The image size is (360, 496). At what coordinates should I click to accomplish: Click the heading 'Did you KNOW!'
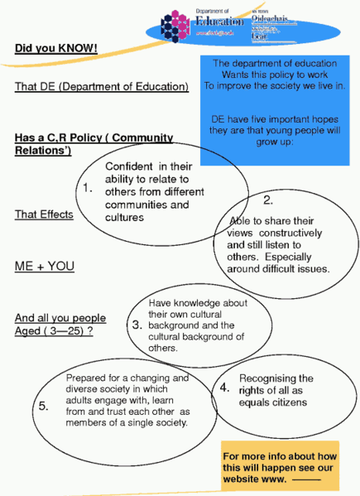(x=55, y=49)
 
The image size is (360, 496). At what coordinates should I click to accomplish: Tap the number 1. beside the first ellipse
(x=88, y=189)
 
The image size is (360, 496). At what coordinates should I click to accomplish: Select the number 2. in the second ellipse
(x=268, y=200)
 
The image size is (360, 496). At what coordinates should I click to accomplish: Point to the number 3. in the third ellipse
(x=137, y=325)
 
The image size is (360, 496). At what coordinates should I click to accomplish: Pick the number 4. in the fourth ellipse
(x=224, y=387)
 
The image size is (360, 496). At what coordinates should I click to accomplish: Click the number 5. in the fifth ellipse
(x=43, y=406)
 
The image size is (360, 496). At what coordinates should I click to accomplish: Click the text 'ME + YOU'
(x=45, y=266)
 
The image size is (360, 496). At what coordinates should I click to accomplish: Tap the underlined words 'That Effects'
(x=44, y=214)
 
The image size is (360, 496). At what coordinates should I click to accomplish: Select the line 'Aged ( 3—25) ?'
(x=53, y=330)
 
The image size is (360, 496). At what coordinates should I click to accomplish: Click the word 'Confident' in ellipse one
(x=128, y=166)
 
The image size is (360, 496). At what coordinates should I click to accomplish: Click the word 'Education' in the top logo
(x=220, y=21)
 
